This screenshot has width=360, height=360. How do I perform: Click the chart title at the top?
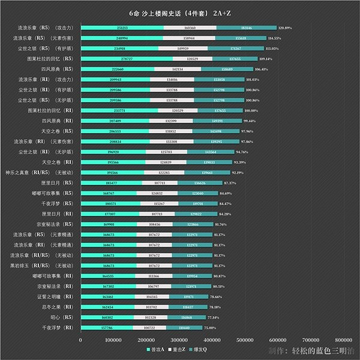180,13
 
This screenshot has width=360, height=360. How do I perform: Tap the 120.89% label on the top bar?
284,28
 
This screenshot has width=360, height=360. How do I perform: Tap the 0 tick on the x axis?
80,340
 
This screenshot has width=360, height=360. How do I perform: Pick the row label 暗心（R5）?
62,317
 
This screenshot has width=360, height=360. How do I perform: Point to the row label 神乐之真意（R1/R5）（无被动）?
43,172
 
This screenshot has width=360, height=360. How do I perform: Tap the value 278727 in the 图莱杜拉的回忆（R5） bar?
127,59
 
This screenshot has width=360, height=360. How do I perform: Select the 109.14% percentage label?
266,59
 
